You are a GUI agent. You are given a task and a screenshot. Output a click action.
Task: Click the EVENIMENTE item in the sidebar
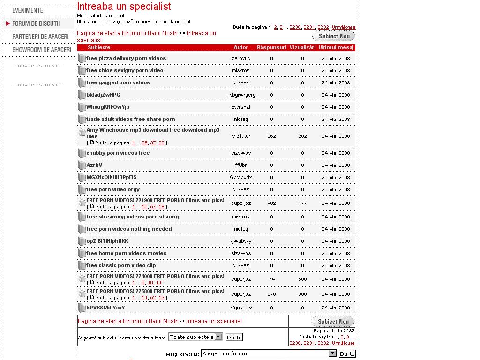27,10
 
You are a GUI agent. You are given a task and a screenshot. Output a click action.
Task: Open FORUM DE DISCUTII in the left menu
36,23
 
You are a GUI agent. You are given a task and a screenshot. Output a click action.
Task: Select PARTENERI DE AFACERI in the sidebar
40,37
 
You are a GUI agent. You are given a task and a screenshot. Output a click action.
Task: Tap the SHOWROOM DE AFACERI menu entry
42,50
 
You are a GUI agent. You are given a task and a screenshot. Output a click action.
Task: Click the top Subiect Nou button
334,36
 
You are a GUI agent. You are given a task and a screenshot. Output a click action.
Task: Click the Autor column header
241,47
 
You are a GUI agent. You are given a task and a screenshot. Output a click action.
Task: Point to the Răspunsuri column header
271,47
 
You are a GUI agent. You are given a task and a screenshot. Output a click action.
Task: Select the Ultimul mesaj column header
336,47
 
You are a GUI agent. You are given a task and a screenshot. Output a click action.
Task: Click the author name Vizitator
241,136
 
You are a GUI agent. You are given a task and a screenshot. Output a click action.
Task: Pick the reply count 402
271,203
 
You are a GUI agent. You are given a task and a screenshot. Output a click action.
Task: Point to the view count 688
302,279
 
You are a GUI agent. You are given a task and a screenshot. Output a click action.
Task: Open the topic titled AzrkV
94,165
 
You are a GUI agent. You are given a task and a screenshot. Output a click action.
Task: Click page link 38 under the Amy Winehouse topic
161,143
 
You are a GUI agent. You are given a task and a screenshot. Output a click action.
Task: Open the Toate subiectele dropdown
195,337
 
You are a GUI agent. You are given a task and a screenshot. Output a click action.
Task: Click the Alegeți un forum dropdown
269,353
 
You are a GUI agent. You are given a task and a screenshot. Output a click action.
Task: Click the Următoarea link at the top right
344,27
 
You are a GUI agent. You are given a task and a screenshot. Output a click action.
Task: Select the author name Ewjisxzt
241,107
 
